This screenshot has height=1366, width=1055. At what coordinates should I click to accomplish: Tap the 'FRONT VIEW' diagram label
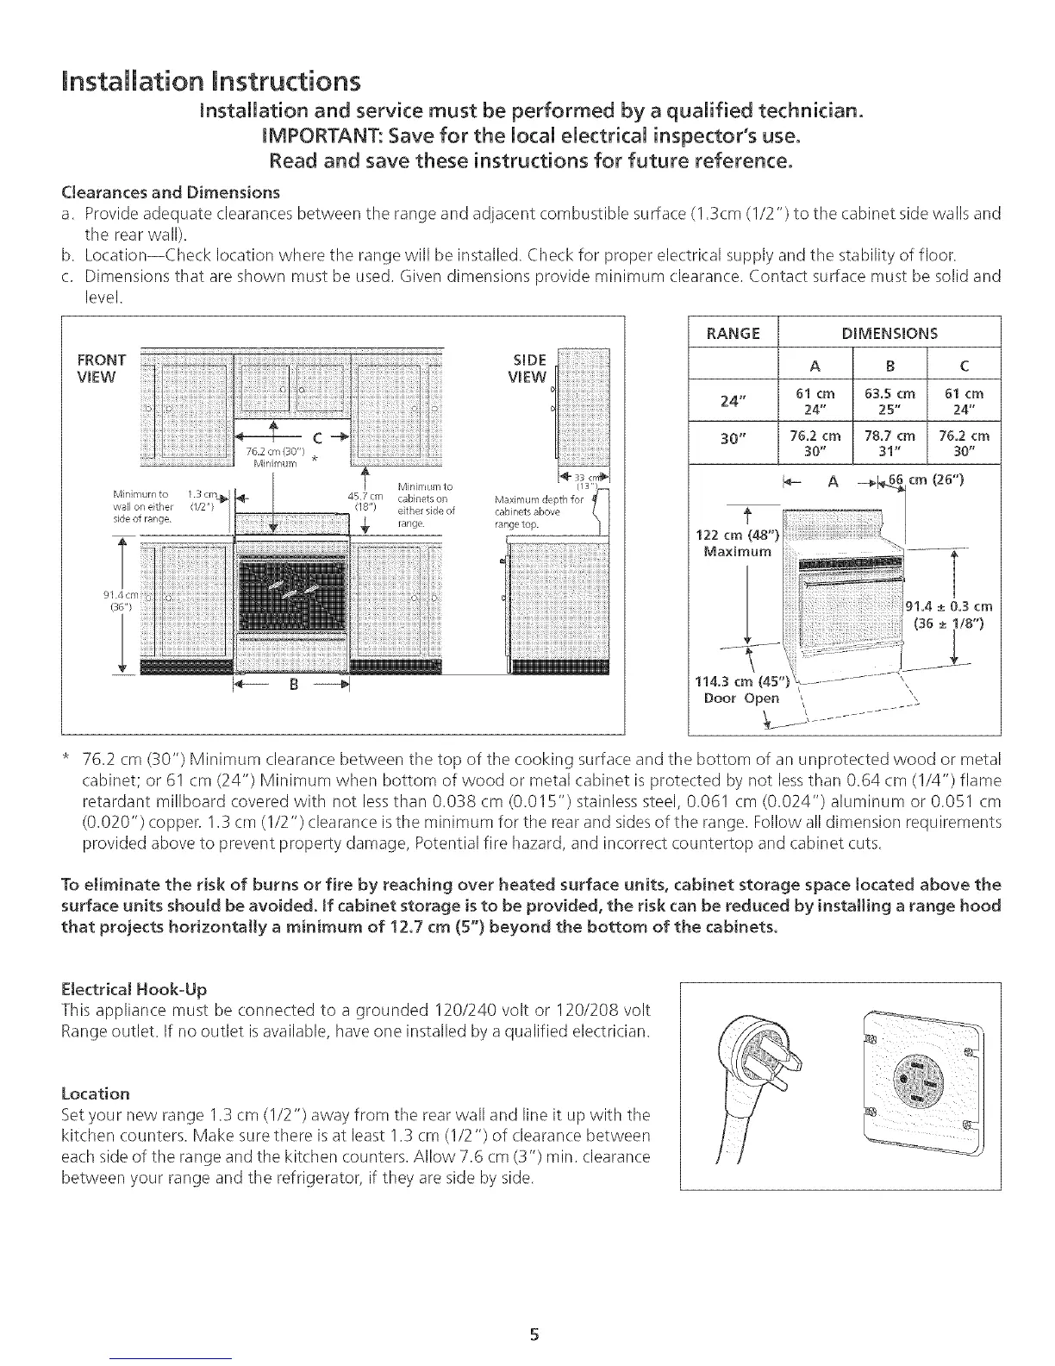[102, 367]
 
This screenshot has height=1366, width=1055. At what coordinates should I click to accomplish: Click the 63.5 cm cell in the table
[888, 401]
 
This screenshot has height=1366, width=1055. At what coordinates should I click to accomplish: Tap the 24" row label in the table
[733, 401]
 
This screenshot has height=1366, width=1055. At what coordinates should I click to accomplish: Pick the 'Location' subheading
[97, 1094]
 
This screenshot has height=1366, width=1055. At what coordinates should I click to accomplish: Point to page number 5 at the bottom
[534, 1335]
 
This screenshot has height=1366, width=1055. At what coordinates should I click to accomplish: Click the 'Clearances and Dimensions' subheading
[146, 191]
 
